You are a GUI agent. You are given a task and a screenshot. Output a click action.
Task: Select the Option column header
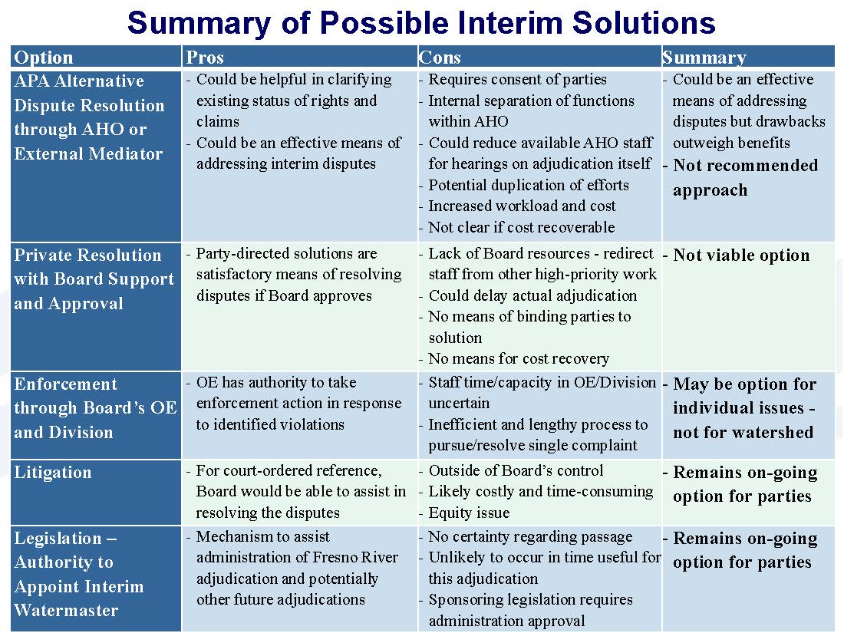pos(44,57)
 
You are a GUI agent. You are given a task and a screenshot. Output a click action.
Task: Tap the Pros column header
pos(205,57)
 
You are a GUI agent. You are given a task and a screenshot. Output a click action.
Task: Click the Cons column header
pos(440,57)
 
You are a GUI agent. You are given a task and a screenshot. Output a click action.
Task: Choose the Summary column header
pos(704,57)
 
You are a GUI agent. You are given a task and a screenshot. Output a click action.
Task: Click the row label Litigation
pos(53,472)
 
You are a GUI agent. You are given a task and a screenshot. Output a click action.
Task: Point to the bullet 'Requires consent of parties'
pos(517,80)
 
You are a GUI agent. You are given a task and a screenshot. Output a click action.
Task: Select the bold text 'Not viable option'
pos(741,256)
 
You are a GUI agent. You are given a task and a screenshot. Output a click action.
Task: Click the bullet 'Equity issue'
pos(469,513)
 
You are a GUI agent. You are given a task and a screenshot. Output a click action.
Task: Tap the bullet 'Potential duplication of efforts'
pos(529,185)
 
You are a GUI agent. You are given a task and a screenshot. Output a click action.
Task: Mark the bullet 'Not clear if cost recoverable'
pos(522,227)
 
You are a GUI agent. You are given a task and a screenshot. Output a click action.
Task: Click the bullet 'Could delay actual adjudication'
pos(533,295)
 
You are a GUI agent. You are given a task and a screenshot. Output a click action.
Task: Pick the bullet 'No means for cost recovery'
pos(519,358)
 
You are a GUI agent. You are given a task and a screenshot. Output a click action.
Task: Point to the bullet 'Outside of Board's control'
pos(516,470)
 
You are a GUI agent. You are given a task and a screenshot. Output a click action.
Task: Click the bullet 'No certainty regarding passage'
pos(530,536)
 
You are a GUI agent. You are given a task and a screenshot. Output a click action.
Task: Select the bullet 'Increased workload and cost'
pos(522,206)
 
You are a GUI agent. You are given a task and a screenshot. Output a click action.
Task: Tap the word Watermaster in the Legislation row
pos(66,610)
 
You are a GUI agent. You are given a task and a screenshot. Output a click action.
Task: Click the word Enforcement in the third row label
pos(66,384)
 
